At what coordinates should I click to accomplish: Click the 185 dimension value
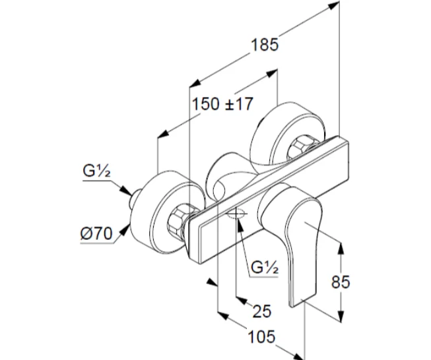tap(265, 44)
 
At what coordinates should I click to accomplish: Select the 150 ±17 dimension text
tap(222, 104)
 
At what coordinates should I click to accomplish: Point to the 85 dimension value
tap(340, 282)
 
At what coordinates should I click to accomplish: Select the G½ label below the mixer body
tap(263, 268)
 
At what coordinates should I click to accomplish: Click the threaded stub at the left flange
tap(134, 198)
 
